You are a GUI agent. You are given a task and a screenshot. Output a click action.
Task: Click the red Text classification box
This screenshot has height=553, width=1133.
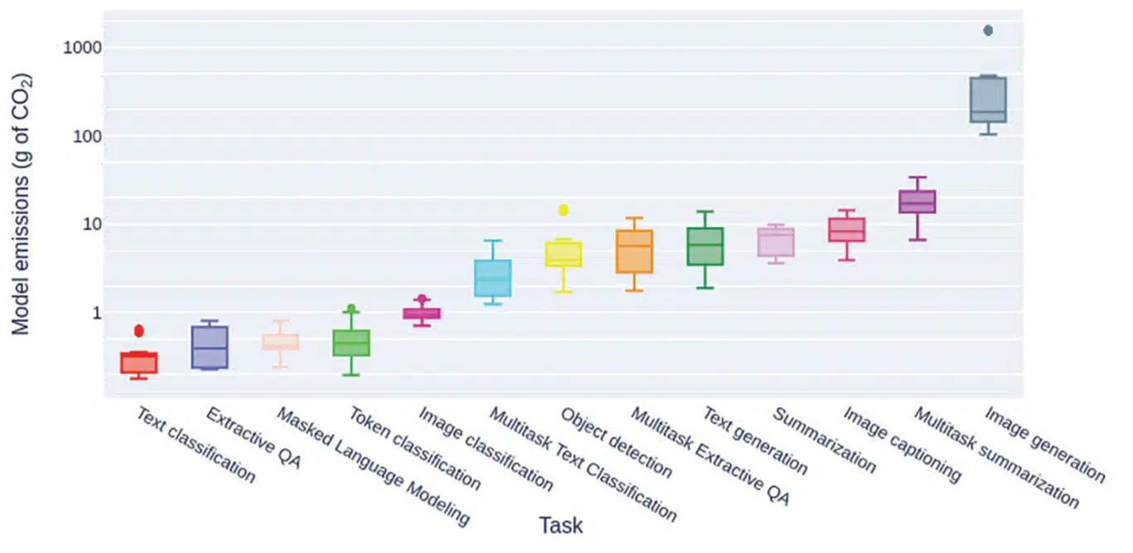[139, 363]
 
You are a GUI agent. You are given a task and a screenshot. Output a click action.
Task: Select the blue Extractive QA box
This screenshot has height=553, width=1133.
[210, 347]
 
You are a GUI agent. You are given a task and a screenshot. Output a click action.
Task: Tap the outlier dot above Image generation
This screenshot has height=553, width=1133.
[987, 31]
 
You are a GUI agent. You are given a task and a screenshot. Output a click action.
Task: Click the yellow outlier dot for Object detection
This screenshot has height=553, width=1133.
[563, 210]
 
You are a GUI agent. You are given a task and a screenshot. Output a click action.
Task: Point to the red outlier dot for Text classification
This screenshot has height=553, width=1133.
[139, 330]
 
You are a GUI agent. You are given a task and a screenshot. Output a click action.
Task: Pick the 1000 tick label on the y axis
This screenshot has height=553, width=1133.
[82, 48]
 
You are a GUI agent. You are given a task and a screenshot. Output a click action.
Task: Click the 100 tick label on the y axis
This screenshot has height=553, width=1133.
[86, 137]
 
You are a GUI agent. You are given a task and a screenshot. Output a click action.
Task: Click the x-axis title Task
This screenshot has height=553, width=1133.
[561, 526]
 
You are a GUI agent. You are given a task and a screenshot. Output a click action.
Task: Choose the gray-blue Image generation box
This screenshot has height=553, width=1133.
[987, 100]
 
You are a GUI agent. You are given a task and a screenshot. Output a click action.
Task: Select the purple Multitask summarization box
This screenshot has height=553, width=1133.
[917, 202]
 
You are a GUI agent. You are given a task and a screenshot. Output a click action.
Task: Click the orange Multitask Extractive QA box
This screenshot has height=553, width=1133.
[634, 251]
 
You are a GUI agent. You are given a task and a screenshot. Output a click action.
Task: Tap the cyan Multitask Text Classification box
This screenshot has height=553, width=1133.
[492, 278]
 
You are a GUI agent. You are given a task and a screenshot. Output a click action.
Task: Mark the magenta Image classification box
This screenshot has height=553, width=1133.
[422, 313]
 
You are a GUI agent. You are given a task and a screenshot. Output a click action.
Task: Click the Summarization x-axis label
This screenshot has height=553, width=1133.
[823, 440]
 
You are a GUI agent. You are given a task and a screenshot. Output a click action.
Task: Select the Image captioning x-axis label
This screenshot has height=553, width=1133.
[901, 444]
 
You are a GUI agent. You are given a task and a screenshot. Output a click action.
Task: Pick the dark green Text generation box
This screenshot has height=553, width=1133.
[705, 247]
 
